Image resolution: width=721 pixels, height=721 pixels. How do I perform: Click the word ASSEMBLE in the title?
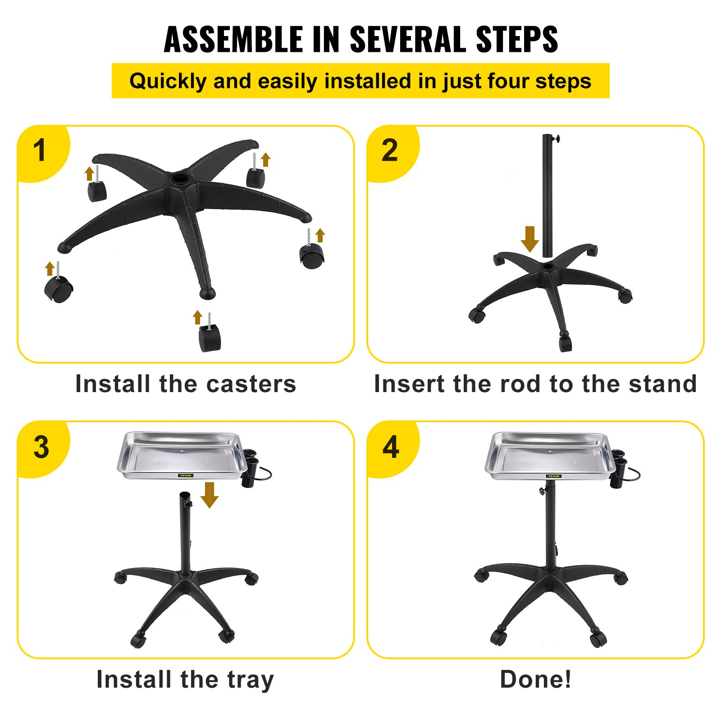(233, 39)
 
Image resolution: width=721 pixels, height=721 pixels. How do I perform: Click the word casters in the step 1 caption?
(251, 384)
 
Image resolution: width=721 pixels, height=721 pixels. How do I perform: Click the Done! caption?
(535, 679)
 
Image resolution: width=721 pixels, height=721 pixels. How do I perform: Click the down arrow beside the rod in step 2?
(530, 239)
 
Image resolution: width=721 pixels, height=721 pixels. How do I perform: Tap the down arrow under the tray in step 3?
(209, 495)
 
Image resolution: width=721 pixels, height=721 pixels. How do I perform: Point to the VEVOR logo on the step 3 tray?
(185, 475)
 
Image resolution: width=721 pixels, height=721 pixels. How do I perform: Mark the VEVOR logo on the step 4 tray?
(553, 476)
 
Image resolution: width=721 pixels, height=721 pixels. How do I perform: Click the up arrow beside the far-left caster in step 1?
(50, 269)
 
